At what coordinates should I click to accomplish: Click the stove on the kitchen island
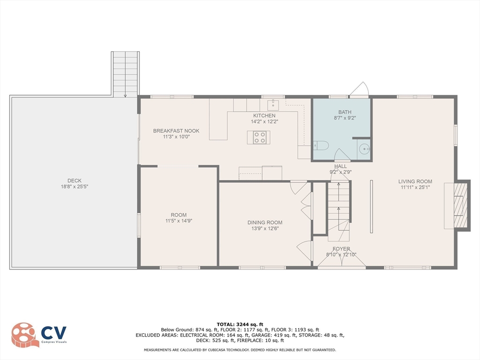pyautogui.click(x=260, y=137)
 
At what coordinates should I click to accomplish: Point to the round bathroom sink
pyautogui.click(x=364, y=150)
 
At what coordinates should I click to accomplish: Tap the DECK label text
pyautogui.click(x=74, y=180)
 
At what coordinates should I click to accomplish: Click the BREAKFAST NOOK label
pyautogui.click(x=176, y=131)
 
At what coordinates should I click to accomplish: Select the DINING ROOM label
pyautogui.click(x=265, y=223)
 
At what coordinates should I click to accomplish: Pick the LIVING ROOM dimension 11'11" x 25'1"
pyautogui.click(x=415, y=187)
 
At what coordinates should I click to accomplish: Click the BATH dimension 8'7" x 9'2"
pyautogui.click(x=342, y=119)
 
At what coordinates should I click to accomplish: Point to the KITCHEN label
pyautogui.click(x=264, y=115)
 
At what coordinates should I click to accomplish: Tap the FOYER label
pyautogui.click(x=341, y=249)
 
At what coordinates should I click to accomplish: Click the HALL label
pyautogui.click(x=340, y=166)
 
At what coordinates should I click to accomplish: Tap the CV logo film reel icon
pyautogui.click(x=25, y=335)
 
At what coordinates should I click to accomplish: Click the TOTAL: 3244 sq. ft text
pyautogui.click(x=240, y=324)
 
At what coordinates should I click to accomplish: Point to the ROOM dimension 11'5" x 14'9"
pyautogui.click(x=178, y=221)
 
